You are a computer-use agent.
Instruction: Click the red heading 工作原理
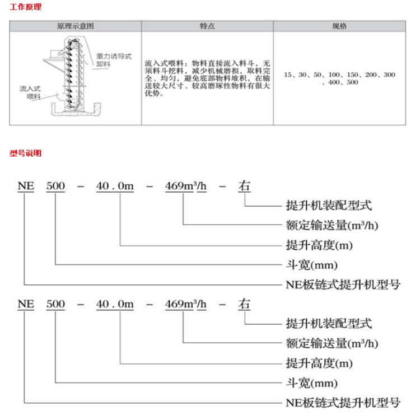tap(25, 7)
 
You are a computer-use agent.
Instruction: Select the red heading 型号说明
tap(25, 153)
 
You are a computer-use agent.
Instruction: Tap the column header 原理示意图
tap(75, 26)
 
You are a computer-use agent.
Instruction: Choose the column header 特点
tap(207, 26)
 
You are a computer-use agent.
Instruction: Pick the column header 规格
tap(339, 26)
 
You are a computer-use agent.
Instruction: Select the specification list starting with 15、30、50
tap(339, 78)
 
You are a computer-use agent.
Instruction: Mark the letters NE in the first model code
tap(26, 186)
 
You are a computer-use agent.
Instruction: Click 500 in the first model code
tap(56, 186)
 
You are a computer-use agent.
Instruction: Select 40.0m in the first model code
tap(115, 186)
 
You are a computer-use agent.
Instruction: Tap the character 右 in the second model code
tap(244, 305)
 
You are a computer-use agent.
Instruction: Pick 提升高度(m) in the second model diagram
tap(319, 363)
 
